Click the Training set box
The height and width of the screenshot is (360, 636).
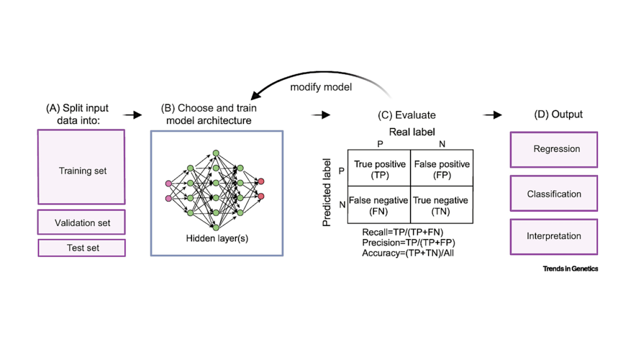coord(81,167)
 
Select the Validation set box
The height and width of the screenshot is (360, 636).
coord(81,222)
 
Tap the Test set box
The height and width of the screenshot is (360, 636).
coord(81,248)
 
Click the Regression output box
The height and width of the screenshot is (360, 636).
coord(554,150)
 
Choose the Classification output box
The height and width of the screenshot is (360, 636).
coord(554,194)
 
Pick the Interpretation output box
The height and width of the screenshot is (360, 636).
coord(554,236)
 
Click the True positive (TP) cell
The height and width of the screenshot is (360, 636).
coord(379,169)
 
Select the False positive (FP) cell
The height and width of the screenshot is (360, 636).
coord(442,169)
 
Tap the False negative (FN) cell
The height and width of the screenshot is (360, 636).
coord(379,205)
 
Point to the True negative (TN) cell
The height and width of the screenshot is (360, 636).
coord(442,205)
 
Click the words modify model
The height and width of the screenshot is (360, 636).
coord(321,87)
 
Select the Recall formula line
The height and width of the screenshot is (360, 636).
coord(402,232)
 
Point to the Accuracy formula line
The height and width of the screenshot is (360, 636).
coord(408,253)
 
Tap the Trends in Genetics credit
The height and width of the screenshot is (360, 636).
coord(570,269)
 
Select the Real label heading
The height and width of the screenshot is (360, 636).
coord(411,132)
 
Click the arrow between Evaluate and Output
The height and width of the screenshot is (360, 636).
coord(493,115)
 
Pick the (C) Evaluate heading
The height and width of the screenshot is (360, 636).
coord(406,115)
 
